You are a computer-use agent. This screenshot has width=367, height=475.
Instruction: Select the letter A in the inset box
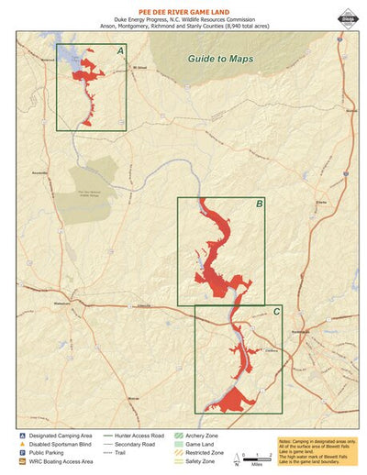point(120,51)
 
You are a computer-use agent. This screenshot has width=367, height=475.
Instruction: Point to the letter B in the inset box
point(259,204)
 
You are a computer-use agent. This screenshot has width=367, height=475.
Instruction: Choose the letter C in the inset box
point(277,313)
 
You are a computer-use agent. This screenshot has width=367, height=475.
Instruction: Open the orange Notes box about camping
point(317,450)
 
